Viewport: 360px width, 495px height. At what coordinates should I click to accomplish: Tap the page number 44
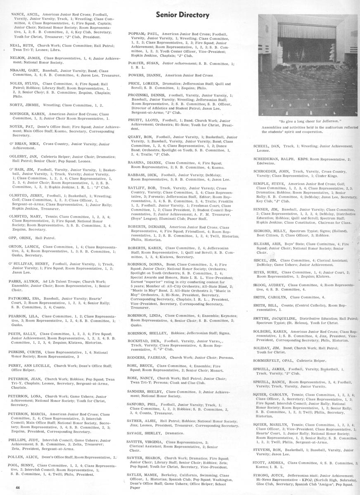coord(18,488)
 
